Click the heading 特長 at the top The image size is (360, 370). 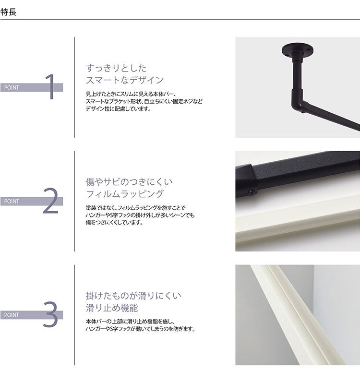tap(9, 12)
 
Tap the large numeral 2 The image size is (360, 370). tap(50, 201)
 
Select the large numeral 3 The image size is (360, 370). tap(50, 314)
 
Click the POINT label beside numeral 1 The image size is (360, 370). tap(12, 88)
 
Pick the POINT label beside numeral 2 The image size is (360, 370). tap(12, 202)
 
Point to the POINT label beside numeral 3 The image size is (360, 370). tap(12, 315)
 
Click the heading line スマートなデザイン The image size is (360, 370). tap(124, 80)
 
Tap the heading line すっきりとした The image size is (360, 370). tap(116, 68)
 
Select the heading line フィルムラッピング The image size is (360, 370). tap(124, 194)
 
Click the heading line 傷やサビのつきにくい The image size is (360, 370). tap(129, 182)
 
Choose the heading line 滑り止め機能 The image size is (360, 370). tap(112, 308)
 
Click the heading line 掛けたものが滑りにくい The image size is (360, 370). tap(133, 296)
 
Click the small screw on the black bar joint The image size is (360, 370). tap(251, 192)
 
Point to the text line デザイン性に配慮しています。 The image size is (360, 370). tap(118, 109)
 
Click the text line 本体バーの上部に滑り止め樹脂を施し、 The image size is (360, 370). tap(130, 321)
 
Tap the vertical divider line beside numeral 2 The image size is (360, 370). tap(74, 201)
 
